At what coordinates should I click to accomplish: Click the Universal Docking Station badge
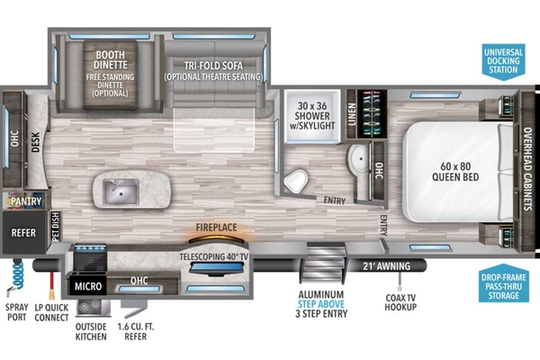[503, 61]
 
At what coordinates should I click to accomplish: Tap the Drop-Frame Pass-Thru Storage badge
[503, 283]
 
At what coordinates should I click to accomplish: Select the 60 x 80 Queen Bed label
[455, 172]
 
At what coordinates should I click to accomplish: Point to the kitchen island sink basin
[121, 192]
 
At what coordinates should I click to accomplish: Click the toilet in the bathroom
[295, 181]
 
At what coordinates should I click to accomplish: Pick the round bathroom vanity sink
[358, 159]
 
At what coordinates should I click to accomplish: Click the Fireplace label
[216, 228]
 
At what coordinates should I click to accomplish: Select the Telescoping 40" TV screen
[217, 268]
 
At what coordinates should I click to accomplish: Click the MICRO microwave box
[88, 286]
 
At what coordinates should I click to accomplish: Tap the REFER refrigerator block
[23, 232]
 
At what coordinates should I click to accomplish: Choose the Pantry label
[26, 202]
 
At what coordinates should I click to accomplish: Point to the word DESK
[36, 142]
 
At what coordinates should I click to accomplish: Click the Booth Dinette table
[110, 74]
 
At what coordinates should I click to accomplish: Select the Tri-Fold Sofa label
[213, 66]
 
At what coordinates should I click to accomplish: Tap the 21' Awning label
[386, 266]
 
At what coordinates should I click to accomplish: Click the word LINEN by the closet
[352, 114]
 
